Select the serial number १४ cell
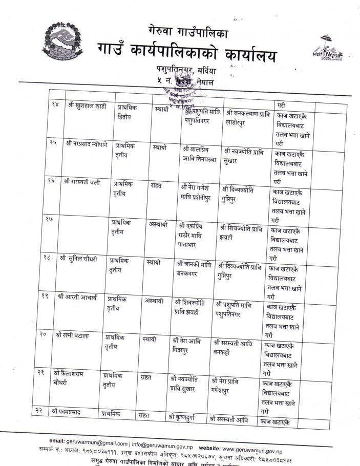(x=56, y=104)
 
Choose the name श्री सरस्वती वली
(x=82, y=182)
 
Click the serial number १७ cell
(x=53, y=220)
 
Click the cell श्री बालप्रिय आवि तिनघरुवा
(x=199, y=153)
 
